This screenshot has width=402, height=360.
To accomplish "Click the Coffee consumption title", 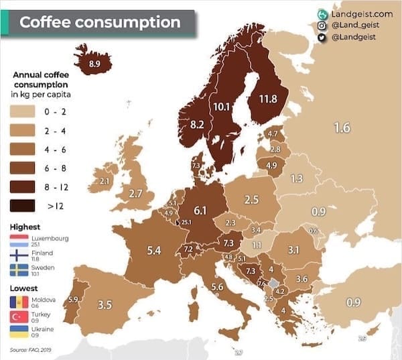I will click(x=100, y=22).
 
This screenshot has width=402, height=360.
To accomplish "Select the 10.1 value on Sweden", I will click(x=221, y=107).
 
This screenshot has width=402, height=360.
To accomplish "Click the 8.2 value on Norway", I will click(x=197, y=124).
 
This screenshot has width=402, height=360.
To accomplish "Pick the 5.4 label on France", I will click(x=153, y=250).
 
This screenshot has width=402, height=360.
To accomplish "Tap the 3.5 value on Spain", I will click(x=104, y=304).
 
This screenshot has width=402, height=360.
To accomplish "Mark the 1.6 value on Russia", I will click(x=342, y=127).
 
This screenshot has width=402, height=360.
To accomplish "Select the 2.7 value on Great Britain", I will click(x=135, y=194).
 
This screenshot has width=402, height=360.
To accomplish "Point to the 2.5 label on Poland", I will click(x=251, y=199).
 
